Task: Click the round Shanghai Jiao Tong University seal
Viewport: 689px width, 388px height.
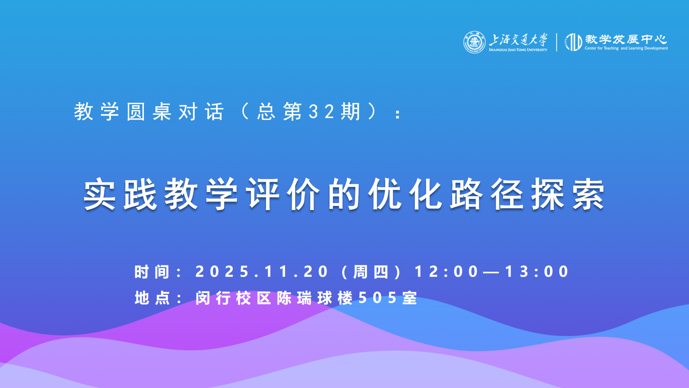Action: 475,42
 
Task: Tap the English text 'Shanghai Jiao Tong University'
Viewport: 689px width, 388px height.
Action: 518,50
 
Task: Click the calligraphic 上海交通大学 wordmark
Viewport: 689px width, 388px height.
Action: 518,40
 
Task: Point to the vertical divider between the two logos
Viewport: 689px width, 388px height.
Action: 557,42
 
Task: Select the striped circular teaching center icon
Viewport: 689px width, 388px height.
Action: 574,42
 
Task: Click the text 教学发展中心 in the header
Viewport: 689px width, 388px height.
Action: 626,39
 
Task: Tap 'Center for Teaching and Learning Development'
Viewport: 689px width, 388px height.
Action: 626,48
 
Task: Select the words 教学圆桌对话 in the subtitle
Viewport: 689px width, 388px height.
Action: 149,111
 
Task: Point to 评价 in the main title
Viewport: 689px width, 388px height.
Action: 283,194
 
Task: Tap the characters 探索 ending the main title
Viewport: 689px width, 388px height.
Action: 568,194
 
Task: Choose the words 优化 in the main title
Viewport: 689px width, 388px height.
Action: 405,194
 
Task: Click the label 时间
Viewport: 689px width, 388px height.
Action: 152,272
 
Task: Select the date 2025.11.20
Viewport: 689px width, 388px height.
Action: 262,271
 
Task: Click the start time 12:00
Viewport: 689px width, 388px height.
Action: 447,271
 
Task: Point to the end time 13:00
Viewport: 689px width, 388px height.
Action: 537,271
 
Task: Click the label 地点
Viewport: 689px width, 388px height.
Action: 152,298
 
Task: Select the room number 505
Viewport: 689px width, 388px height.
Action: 377,298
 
